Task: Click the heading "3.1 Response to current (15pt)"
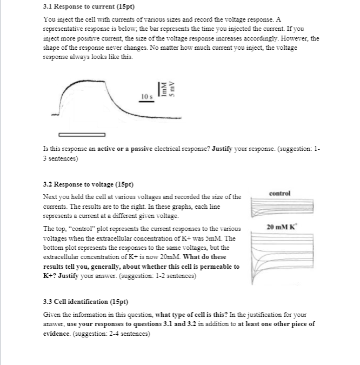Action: click(x=81, y=6)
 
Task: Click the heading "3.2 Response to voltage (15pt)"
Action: click(x=81, y=184)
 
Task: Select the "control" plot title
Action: click(x=279, y=193)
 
